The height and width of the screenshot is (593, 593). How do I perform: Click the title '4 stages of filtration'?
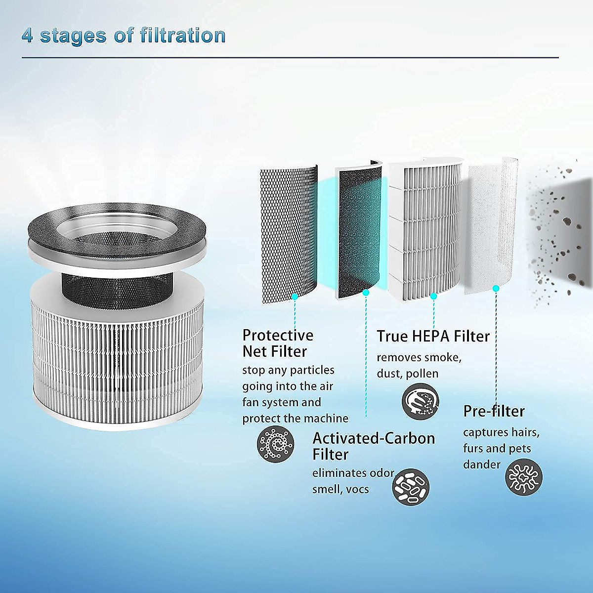coord(124,36)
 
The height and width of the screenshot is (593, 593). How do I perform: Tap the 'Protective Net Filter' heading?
coord(278,343)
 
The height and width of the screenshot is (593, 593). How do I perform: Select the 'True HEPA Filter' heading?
coord(433,336)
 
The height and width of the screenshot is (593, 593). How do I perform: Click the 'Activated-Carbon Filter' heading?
coord(374,446)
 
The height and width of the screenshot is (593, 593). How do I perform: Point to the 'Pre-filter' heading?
coord(494,411)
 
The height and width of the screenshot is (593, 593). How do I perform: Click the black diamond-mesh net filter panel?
coord(289,232)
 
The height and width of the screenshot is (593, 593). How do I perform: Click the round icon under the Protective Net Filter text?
coord(275,443)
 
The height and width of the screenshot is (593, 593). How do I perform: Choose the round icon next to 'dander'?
coord(524,477)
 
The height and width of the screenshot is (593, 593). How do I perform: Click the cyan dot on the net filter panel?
coord(295,296)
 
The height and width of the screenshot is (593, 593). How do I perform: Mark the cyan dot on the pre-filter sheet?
coord(496,288)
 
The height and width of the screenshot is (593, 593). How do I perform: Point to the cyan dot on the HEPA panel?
coord(433,296)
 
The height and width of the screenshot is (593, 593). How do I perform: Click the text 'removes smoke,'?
coord(419,357)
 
